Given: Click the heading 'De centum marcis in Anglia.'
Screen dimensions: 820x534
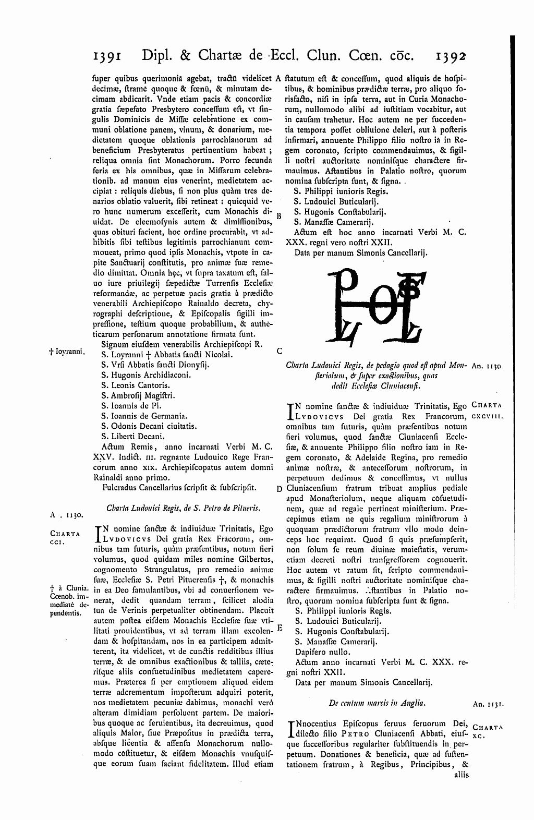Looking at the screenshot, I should [x=378, y=703].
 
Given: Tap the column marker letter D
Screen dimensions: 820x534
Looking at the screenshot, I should [x=280, y=489].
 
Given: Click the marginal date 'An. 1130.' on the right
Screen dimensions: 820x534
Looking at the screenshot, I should [x=487, y=367].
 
